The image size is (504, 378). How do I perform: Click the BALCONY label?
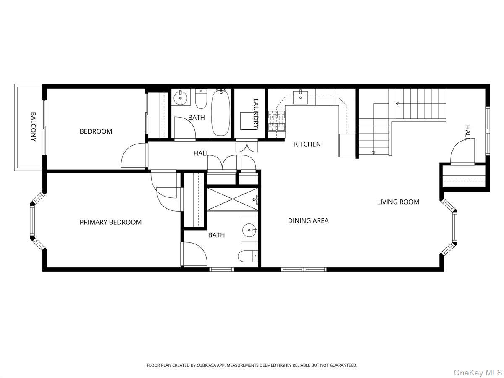[33, 126]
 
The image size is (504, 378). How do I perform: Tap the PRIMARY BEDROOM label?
[110, 222]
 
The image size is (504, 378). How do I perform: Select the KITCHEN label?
[307, 144]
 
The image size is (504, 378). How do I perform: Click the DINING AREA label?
[308, 220]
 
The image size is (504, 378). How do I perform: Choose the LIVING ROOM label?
[398, 202]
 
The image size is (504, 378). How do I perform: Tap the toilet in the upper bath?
[201, 100]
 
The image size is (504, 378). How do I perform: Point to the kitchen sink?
[301, 97]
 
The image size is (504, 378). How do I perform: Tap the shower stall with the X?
[232, 199]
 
